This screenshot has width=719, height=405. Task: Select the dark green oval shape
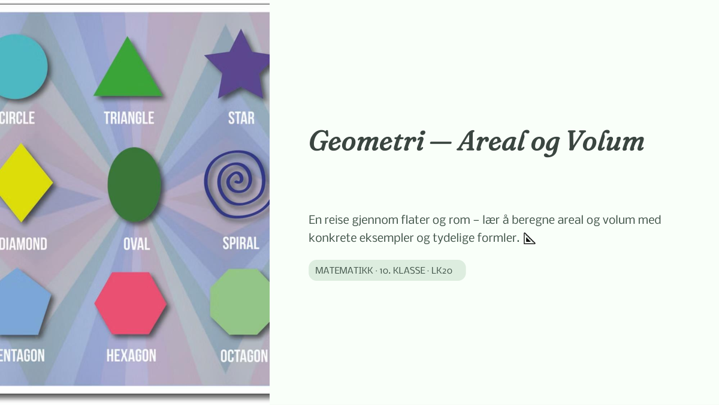coord(134,185)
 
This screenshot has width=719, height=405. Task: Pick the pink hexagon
coord(131,304)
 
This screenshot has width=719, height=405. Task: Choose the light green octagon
coord(240,302)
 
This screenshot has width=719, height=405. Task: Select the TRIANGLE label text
coord(129,118)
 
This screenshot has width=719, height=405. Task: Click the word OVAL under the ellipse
coord(137,244)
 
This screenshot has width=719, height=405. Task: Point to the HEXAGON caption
coord(131,356)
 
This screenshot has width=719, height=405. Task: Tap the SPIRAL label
coord(241,244)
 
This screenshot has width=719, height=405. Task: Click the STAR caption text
coord(241,118)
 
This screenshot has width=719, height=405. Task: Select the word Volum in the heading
coord(605,141)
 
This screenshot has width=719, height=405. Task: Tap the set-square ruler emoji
coord(529,239)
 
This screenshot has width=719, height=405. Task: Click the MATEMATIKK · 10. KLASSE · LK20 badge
coord(387,271)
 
